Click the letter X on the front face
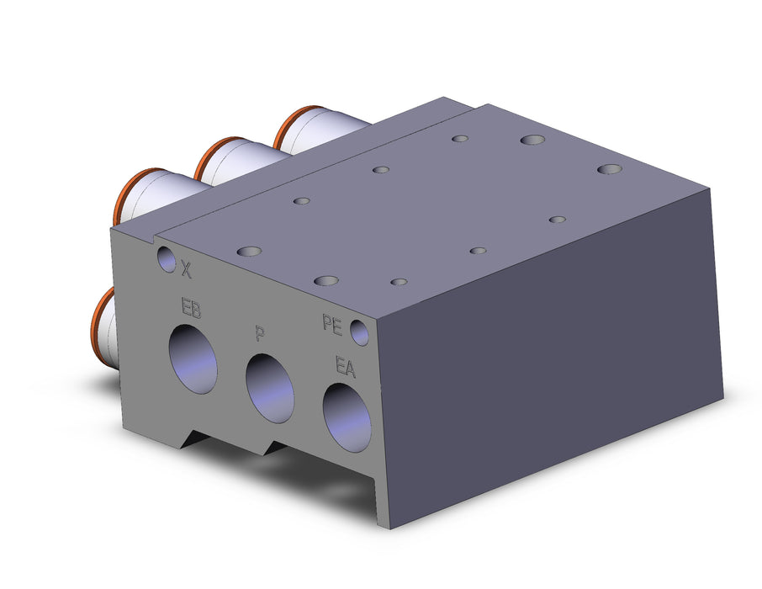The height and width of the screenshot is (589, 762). tap(186, 269)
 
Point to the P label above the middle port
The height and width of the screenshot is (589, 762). tap(260, 334)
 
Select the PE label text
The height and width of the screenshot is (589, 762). tap(332, 325)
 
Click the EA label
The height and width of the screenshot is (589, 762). tap(346, 366)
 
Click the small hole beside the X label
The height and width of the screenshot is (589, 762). tap(166, 259)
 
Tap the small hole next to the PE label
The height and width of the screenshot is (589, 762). tap(360, 332)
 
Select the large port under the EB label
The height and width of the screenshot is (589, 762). tap(193, 359)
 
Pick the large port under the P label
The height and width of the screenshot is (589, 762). tap(270, 388)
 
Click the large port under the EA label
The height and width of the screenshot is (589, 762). tap(347, 417)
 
